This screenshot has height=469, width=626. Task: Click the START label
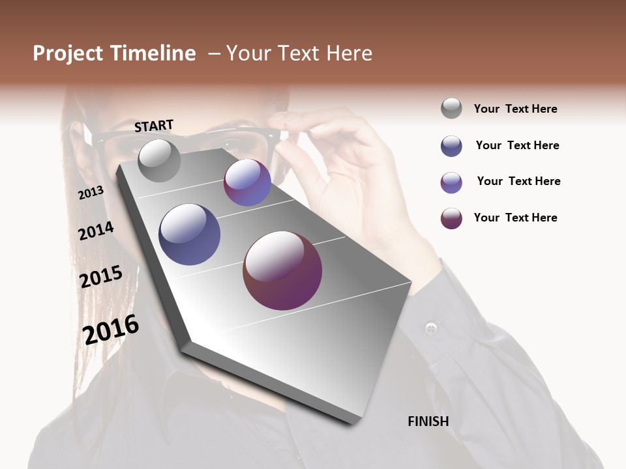pos(154,126)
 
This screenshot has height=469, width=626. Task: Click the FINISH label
pos(428,421)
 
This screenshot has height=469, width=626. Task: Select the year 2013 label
pos(91,193)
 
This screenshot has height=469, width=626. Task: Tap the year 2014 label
pos(96,231)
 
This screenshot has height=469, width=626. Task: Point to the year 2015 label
pos(100,277)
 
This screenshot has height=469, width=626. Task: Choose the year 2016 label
pos(111,329)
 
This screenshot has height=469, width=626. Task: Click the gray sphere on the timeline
pos(159,160)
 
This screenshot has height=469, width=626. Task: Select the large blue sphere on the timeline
pos(189,234)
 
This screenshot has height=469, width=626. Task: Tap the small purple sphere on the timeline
pos(247,182)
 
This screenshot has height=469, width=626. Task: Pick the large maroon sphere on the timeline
pos(282,270)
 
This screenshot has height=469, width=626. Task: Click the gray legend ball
pos(451,108)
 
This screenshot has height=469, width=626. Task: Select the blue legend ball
pos(451,146)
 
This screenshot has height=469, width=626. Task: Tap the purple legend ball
pos(451,182)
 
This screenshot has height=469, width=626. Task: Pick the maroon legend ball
pos(451,218)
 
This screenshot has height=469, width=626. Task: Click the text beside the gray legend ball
pos(515,109)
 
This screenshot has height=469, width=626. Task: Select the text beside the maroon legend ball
pos(515,218)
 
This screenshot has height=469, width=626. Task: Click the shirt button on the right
pos(430,327)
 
